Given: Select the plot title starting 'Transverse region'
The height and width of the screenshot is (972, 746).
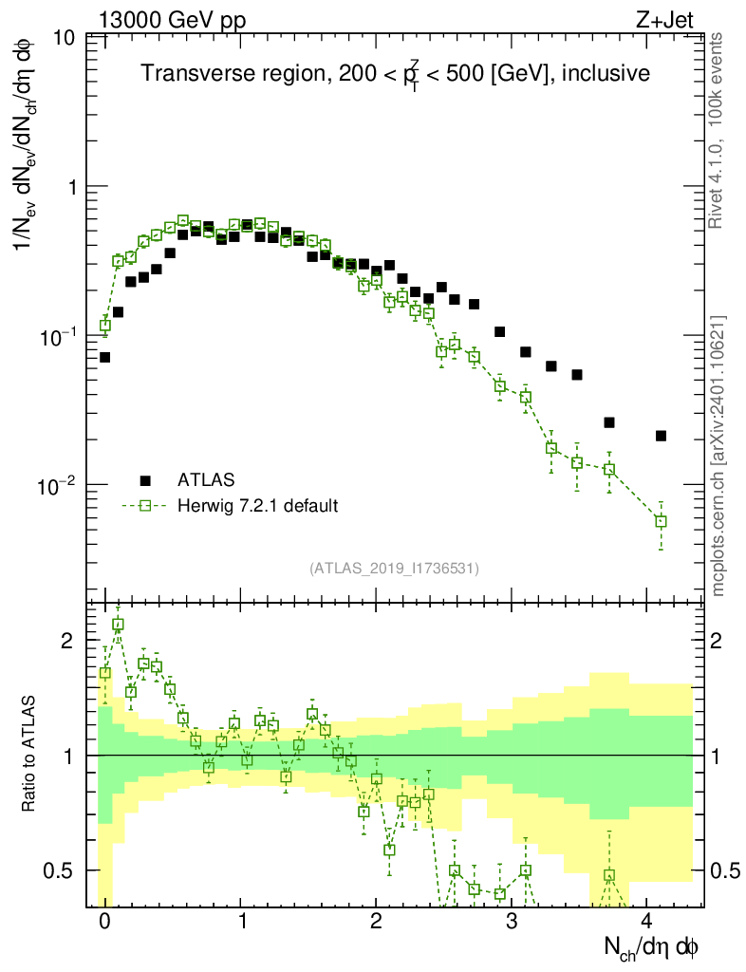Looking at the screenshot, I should click(395, 74).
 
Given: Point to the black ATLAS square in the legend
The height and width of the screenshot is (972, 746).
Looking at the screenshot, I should click(145, 479).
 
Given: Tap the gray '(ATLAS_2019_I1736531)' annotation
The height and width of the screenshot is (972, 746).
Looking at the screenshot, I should click(394, 569).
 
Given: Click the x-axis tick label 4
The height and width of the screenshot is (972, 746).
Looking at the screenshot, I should click(645, 921).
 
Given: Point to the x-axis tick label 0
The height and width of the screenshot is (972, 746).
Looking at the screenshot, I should click(104, 921).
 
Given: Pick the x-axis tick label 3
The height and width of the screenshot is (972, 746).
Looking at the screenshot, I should click(511, 921).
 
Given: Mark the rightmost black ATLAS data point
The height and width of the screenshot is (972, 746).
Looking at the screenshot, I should click(661, 436).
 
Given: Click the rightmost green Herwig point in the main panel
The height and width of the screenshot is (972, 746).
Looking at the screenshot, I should click(661, 521).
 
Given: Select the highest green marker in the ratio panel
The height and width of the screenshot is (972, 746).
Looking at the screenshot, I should click(118, 624).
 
